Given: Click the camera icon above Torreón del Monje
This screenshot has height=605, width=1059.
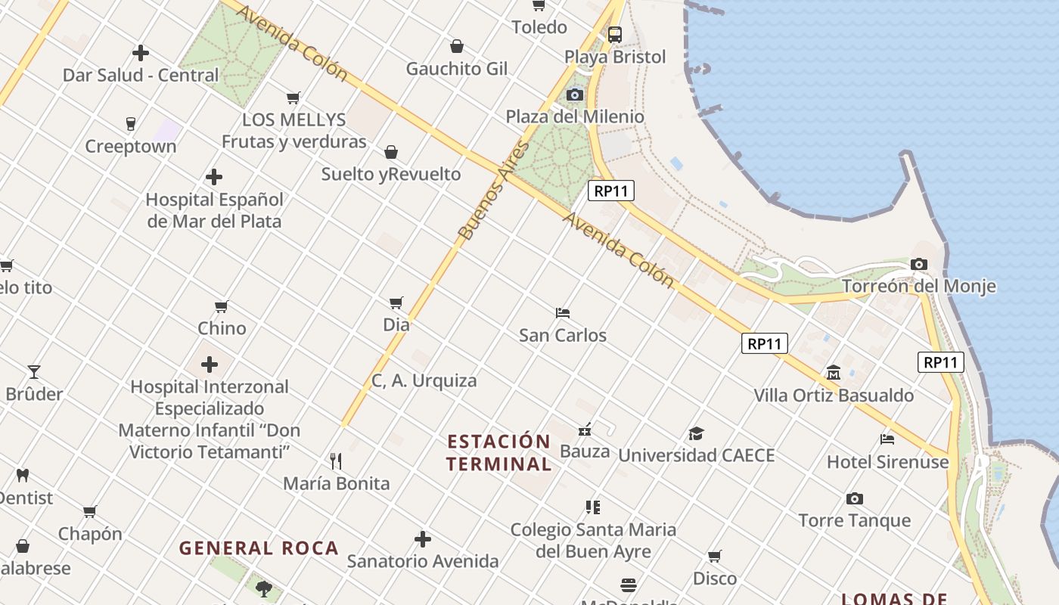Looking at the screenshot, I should (919, 264).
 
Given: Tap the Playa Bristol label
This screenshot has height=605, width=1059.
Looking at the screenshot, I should (615, 57).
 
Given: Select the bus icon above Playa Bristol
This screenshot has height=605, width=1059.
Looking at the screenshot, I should (615, 34).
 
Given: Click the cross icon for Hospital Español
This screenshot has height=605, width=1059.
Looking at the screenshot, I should (214, 177).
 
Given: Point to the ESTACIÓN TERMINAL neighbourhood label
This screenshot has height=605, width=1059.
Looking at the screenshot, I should (498, 452).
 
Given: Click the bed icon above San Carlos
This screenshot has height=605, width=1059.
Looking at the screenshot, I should (563, 312).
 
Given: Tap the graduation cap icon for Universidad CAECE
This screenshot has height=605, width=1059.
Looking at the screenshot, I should (696, 433).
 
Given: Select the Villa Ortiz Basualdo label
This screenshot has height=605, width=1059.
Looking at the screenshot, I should (834, 395).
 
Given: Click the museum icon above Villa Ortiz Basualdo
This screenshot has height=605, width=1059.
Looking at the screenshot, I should (834, 372).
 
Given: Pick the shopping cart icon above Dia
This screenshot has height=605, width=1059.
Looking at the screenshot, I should (396, 302).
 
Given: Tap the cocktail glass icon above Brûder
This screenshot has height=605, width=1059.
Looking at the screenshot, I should (34, 371).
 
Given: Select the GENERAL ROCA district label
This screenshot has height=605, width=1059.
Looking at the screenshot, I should (259, 548).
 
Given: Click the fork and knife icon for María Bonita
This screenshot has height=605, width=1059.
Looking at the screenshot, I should (337, 461).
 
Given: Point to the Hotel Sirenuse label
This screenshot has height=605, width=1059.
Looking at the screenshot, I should (887, 461).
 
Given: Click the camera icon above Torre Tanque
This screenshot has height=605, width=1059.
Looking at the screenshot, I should (855, 498).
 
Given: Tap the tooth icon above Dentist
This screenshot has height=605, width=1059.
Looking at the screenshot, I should (23, 475).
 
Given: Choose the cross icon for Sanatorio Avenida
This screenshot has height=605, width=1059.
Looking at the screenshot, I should (423, 539).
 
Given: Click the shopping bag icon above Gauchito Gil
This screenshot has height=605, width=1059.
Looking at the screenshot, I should (457, 46).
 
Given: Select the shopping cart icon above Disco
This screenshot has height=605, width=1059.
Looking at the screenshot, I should (715, 557).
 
